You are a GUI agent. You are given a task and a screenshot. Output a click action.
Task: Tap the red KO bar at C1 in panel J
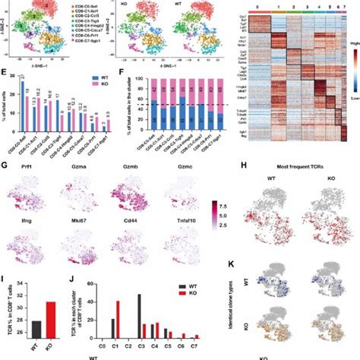[118, 318]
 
